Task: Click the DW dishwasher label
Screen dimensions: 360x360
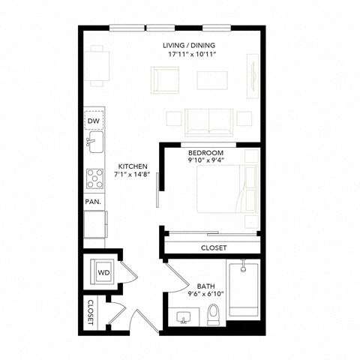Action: point(94,121)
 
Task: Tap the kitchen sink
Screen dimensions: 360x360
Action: point(94,142)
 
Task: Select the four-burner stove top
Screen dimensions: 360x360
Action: point(94,178)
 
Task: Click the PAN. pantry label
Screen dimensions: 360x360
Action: point(93,202)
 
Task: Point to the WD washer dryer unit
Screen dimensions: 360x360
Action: point(102,271)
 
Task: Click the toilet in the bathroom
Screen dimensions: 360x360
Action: point(214,314)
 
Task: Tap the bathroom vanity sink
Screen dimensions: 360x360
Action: point(184,317)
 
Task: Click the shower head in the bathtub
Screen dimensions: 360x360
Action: point(243,266)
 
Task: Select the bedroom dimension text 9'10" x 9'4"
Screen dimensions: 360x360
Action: point(205,160)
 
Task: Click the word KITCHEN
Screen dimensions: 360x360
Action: point(133,166)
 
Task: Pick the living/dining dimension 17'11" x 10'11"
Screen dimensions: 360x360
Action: point(192,54)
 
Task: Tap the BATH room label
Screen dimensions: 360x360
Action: point(205,286)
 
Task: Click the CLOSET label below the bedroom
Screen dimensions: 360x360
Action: point(214,248)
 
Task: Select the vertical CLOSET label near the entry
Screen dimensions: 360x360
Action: point(91,313)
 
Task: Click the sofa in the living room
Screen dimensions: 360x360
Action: point(209,122)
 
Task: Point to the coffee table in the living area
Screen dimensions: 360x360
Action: point(212,80)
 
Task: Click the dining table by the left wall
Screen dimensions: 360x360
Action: point(97,66)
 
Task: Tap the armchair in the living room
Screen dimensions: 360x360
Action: point(165,80)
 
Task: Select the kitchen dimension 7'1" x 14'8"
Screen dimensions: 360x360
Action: point(132,175)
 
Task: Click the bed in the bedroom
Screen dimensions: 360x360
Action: point(227,189)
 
